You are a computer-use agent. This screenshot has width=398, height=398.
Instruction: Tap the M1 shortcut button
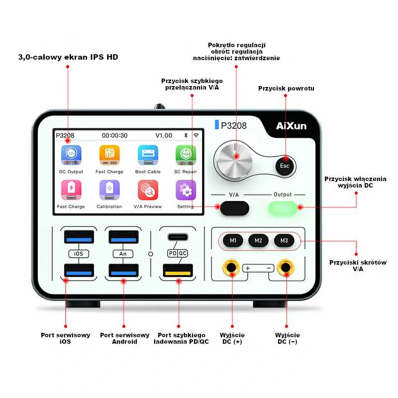tap(233, 240)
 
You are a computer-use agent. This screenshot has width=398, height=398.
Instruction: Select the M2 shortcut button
tap(258, 240)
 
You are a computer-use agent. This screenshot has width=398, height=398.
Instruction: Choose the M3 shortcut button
tap(284, 240)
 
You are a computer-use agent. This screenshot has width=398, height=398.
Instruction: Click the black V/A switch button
tap(235, 207)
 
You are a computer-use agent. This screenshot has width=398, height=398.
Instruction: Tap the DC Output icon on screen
tap(71, 155)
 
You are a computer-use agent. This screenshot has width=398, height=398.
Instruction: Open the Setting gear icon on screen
tap(186, 190)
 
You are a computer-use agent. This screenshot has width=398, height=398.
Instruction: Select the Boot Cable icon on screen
tap(148, 155)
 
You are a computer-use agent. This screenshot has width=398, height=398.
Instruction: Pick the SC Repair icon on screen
tap(186, 155)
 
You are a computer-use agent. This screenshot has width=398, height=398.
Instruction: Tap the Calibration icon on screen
tap(109, 190)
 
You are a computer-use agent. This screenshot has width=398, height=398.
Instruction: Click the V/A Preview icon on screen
tap(148, 190)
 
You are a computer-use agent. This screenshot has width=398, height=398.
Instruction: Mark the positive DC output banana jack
tap(231, 268)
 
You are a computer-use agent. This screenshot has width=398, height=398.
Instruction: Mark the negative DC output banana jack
tap(286, 268)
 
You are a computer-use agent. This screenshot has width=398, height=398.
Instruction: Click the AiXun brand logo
tap(291, 126)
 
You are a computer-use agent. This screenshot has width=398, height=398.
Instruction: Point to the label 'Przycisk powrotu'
tap(286, 89)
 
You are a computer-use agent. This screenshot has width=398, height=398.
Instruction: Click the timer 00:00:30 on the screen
tap(114, 135)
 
